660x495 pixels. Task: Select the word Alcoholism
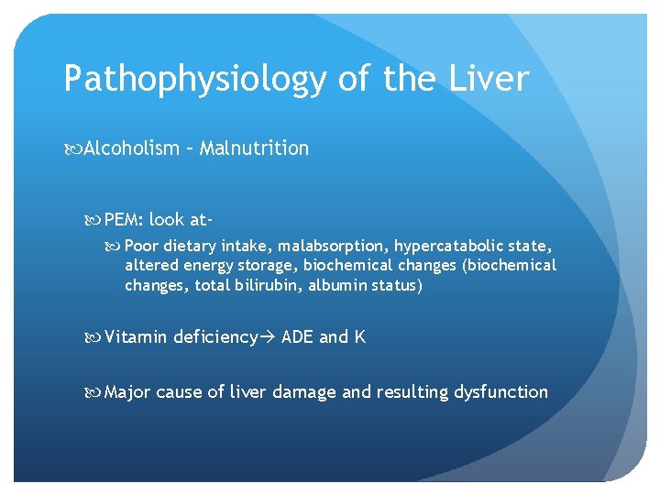132,148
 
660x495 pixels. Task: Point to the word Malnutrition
254,148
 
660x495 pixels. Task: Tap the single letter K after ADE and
360,337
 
